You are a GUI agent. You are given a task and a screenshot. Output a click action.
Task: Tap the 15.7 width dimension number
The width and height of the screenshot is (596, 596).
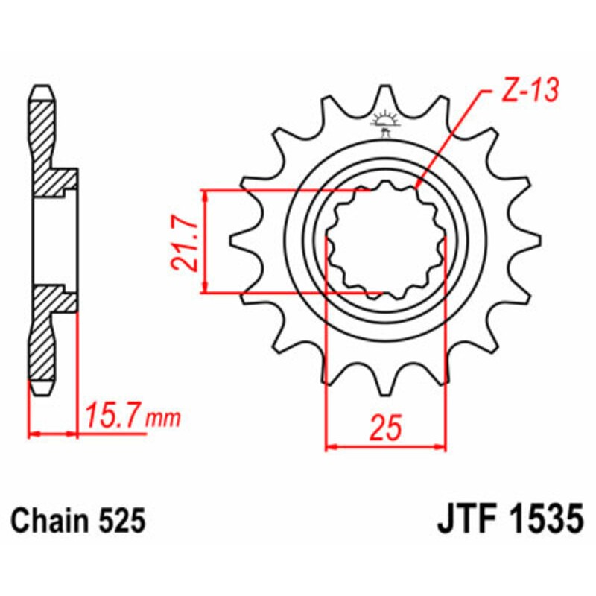coord(112,414)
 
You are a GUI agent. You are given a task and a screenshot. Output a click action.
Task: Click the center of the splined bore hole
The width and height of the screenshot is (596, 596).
coord(385,241)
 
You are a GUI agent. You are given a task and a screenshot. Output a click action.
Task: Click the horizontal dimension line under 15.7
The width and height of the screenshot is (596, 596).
coord(54,431)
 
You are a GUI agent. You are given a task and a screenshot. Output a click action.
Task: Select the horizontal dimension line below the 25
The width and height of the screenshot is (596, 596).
coord(386,448)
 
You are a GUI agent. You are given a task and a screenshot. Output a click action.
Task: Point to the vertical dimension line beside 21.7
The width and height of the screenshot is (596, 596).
coord(205,241)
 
